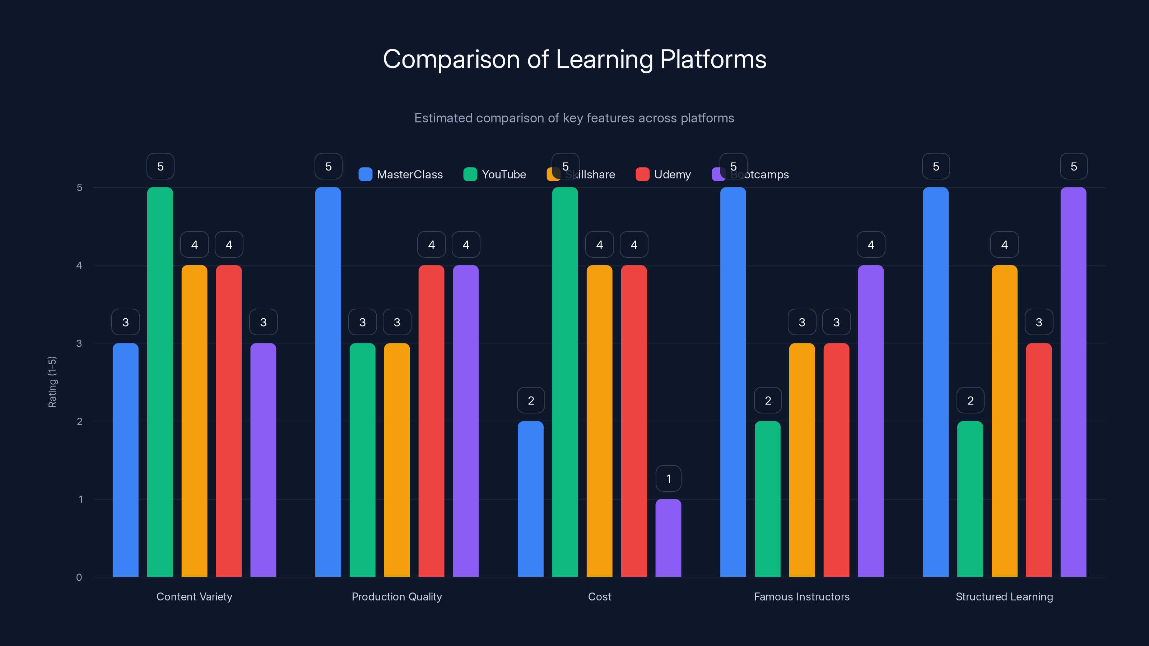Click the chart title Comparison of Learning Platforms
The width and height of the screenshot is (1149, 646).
(574, 59)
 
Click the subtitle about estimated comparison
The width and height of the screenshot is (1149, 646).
(574, 118)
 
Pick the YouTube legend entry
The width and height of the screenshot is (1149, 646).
(495, 174)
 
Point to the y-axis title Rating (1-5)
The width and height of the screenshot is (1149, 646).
(52, 381)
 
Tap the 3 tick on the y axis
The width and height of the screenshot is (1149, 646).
(79, 343)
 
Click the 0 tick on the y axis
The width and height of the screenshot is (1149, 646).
(79, 577)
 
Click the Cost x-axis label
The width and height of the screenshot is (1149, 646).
(600, 596)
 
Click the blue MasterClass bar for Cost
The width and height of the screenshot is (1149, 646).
(530, 499)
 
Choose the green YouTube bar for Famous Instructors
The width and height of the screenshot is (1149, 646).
(768, 499)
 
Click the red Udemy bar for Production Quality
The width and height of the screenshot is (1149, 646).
(431, 421)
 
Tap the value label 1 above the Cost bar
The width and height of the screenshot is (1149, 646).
(668, 478)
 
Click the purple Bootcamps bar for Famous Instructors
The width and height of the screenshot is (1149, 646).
(871, 421)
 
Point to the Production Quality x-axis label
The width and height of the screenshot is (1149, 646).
(396, 596)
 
